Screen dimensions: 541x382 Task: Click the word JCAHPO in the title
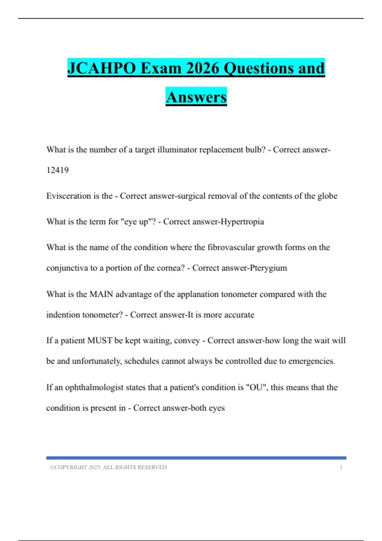(x=102, y=68)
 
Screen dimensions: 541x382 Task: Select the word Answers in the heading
(x=196, y=97)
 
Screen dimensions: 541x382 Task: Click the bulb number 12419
(x=57, y=170)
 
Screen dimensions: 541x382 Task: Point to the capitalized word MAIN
(x=101, y=294)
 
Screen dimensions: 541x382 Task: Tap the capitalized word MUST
(x=100, y=341)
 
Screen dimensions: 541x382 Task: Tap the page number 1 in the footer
(x=341, y=467)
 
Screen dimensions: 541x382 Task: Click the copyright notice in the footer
(x=108, y=467)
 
